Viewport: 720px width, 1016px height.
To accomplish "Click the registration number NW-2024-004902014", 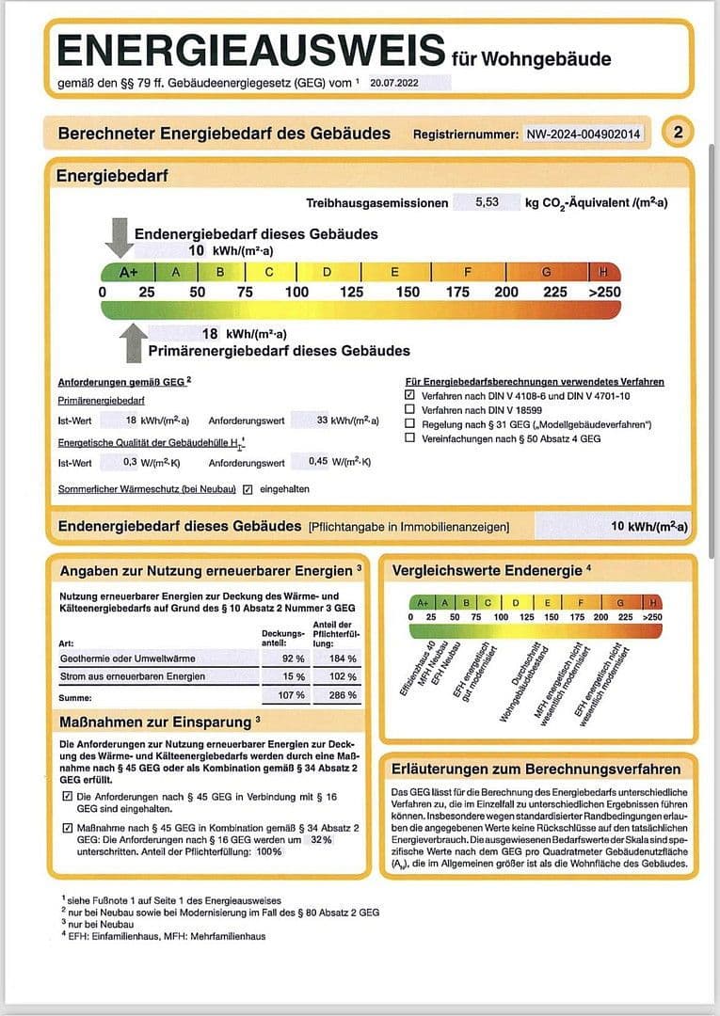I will (x=584, y=135).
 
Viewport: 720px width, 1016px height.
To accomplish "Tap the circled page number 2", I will (x=678, y=133).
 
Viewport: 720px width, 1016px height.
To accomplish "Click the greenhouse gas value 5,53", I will (x=487, y=202).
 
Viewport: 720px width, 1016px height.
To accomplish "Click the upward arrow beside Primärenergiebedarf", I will (x=135, y=342).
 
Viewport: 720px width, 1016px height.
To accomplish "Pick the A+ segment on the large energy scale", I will (x=128, y=273).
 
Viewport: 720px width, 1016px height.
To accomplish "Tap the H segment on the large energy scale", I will (x=603, y=273).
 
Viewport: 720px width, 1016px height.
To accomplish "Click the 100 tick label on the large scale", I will (x=296, y=292).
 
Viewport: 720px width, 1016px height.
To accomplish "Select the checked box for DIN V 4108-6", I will (x=409, y=396).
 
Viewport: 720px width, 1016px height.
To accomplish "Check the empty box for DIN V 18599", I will (x=409, y=410).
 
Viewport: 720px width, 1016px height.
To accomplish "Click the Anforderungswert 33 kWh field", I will (x=337, y=421).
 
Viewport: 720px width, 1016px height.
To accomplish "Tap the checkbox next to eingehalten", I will (x=248, y=489).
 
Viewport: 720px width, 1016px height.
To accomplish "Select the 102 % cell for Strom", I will (x=344, y=676).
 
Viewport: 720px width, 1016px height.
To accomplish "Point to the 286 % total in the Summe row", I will (x=344, y=696).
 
